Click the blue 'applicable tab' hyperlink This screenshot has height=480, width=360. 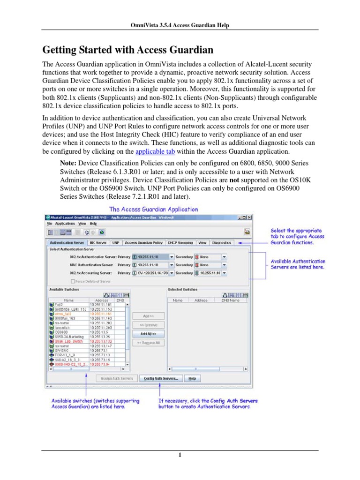click(x=152, y=152)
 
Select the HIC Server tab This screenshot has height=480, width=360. click(x=98, y=243)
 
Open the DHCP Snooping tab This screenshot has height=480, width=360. click(x=180, y=243)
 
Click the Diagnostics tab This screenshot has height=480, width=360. click(x=221, y=243)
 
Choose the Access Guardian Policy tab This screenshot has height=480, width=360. click(x=144, y=243)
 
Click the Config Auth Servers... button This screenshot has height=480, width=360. click(x=161, y=378)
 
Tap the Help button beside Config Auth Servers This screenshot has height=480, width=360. click(x=192, y=378)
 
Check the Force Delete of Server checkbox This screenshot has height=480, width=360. click(x=73, y=281)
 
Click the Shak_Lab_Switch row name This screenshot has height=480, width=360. click(x=68, y=341)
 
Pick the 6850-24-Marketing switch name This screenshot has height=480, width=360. click(x=69, y=337)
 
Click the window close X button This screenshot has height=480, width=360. click(x=250, y=217)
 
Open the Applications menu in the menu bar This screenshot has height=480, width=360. click(x=62, y=224)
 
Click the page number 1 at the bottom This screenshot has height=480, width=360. click(x=180, y=455)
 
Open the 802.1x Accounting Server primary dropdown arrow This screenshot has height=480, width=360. click(x=172, y=273)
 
